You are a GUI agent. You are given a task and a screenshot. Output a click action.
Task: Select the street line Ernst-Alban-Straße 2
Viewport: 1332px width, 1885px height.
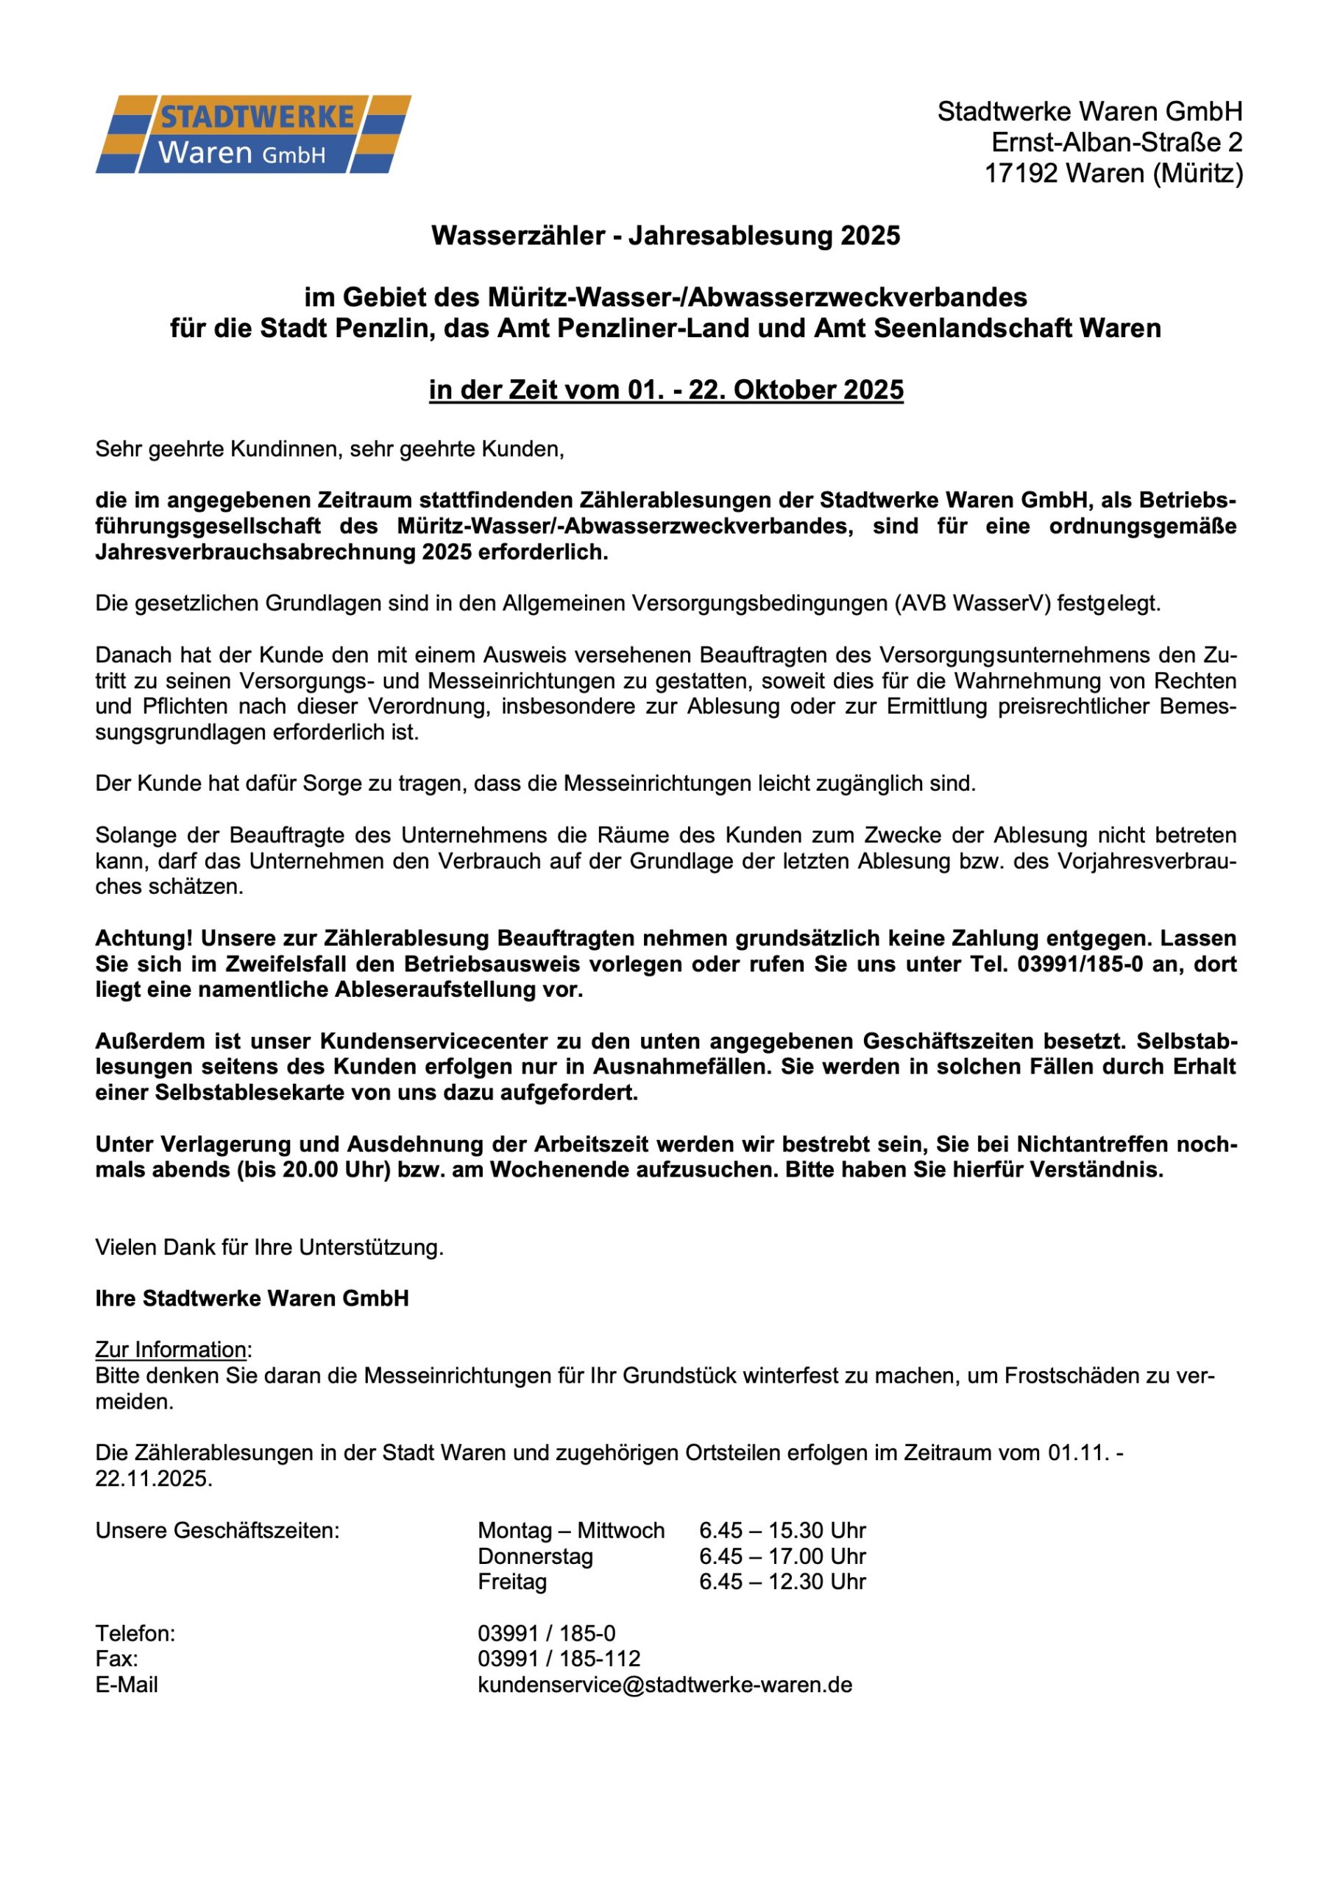[x=1116, y=143]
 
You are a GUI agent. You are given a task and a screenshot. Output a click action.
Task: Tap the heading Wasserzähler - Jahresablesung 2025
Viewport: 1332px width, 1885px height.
[x=665, y=236]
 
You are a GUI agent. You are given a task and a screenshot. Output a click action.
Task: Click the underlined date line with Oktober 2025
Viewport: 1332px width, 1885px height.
[x=665, y=390]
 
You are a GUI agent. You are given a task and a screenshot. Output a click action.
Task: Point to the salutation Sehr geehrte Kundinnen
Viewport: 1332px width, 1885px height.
[x=330, y=449]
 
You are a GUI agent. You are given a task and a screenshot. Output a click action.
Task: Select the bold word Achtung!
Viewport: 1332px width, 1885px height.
[x=144, y=937]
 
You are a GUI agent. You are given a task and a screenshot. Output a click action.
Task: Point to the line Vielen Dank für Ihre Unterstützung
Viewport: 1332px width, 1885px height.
[x=269, y=1247]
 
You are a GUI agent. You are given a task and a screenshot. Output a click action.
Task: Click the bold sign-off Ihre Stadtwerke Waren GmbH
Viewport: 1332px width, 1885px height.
[x=252, y=1298]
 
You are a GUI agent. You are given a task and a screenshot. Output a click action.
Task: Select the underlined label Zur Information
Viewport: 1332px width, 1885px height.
[x=171, y=1350]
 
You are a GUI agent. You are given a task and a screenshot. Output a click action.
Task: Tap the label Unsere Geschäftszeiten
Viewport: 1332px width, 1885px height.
[x=218, y=1530]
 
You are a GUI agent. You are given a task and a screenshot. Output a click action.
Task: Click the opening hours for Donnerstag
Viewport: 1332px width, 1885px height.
[x=782, y=1556]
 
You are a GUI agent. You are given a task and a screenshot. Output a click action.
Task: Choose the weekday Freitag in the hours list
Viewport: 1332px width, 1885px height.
[x=512, y=1581]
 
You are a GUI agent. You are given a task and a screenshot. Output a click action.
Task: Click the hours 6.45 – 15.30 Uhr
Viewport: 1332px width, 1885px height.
[x=782, y=1530]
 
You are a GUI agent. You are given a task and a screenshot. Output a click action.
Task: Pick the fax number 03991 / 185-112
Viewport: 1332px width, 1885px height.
[x=559, y=1658]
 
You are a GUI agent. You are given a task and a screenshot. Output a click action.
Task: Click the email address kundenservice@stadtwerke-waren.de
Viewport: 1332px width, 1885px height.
[x=665, y=1685]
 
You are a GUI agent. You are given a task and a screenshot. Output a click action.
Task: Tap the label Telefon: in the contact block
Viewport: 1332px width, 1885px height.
[x=135, y=1633]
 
